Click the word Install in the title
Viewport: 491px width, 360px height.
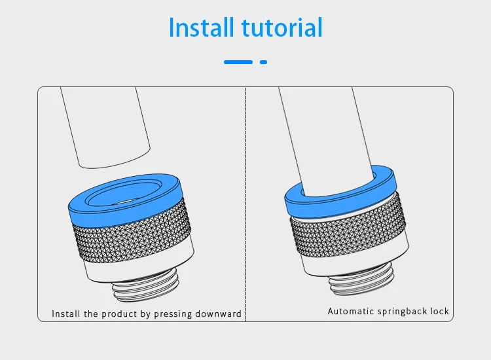pos(201,28)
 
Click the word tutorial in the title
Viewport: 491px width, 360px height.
pos(282,28)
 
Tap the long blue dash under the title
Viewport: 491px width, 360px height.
pos(238,62)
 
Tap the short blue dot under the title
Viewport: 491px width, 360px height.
pos(264,62)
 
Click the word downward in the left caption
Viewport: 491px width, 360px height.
pos(219,314)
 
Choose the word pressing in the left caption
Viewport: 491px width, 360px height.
pos(175,314)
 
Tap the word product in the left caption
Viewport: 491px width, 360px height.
pos(120,314)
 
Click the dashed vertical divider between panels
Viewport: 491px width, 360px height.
pos(245,196)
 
